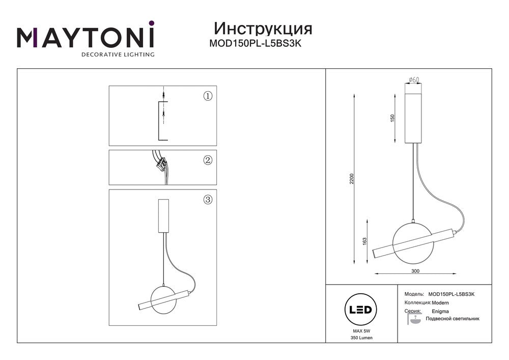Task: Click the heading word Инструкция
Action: tap(263, 29)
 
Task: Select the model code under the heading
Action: tap(256, 43)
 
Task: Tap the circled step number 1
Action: tap(208, 96)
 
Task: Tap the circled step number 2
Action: tap(208, 160)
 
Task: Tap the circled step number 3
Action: tap(208, 199)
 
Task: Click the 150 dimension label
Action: tap(392, 118)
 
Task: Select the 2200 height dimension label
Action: tap(352, 179)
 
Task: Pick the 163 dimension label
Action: tap(364, 242)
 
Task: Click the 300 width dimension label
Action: tap(415, 271)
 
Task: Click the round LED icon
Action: tap(361, 310)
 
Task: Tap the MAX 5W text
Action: tap(361, 331)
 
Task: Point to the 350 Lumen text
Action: tap(361, 338)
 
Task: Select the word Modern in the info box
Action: tap(440, 303)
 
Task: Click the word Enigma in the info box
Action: tap(440, 311)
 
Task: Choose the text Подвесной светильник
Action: tap(453, 319)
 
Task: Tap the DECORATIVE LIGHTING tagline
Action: tap(118, 54)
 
